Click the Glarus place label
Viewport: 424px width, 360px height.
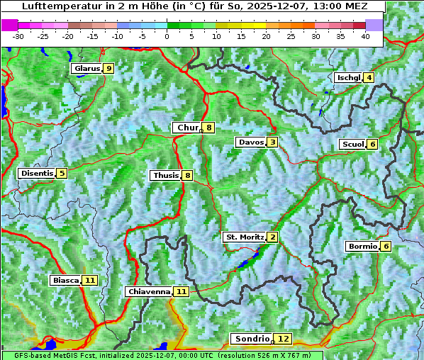click(x=87, y=69)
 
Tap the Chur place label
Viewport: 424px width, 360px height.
click(x=187, y=128)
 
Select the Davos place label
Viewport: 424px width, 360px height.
click(x=251, y=142)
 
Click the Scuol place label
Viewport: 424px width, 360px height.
click(x=353, y=144)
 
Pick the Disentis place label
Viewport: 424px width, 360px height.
click(x=37, y=173)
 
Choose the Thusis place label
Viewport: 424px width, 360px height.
click(x=165, y=175)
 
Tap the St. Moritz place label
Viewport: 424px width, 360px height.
click(x=245, y=237)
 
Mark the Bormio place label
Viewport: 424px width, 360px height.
click(x=362, y=247)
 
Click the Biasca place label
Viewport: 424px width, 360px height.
click(x=65, y=280)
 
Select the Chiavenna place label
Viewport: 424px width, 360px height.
click(x=149, y=291)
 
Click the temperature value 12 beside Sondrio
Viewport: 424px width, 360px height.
click(x=283, y=339)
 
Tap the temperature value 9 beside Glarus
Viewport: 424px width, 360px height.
click(x=108, y=69)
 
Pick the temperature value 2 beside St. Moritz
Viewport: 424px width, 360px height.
click(x=272, y=237)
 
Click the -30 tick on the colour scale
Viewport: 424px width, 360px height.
click(x=19, y=36)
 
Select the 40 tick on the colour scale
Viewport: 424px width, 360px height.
click(x=365, y=36)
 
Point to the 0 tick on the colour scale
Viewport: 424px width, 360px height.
click(x=167, y=36)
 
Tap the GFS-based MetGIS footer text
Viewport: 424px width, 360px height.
click(x=50, y=355)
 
